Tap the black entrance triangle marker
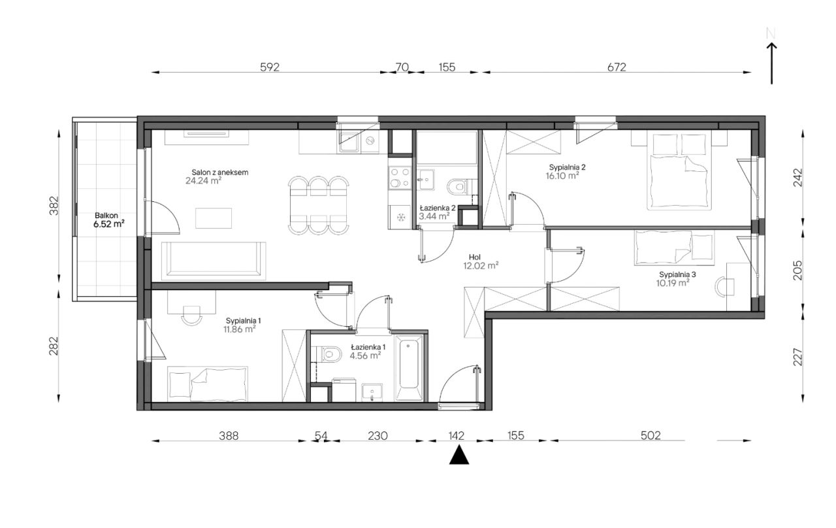click(x=458, y=455)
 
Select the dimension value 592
click(x=270, y=67)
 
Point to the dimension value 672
click(x=616, y=67)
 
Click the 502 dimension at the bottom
click(x=651, y=435)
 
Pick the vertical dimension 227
click(x=797, y=357)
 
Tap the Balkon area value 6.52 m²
click(x=108, y=224)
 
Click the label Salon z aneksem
click(x=220, y=173)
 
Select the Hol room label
click(x=475, y=257)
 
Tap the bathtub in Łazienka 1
click(x=409, y=368)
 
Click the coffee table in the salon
click(x=214, y=218)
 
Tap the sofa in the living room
click(x=214, y=261)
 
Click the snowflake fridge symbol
click(x=401, y=217)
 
